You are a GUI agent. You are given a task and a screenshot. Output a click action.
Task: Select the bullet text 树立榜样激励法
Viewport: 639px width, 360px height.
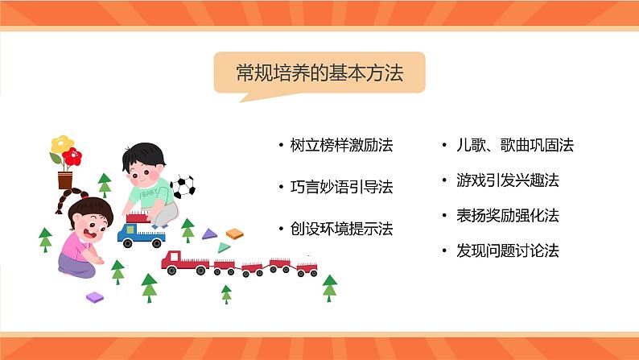click(x=341, y=146)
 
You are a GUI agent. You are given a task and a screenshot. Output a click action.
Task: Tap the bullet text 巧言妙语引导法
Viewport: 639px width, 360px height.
click(x=341, y=187)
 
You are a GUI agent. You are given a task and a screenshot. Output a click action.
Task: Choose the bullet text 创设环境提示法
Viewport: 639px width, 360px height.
click(x=341, y=229)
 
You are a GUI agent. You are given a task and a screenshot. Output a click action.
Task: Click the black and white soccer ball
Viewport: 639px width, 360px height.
click(x=183, y=187)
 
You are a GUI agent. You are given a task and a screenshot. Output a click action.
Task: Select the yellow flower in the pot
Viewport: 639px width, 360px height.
click(x=58, y=145)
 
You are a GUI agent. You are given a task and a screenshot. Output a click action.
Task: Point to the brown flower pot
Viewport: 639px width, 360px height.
click(x=65, y=179)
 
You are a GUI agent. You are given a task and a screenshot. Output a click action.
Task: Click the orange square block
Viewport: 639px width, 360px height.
click(x=234, y=234)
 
